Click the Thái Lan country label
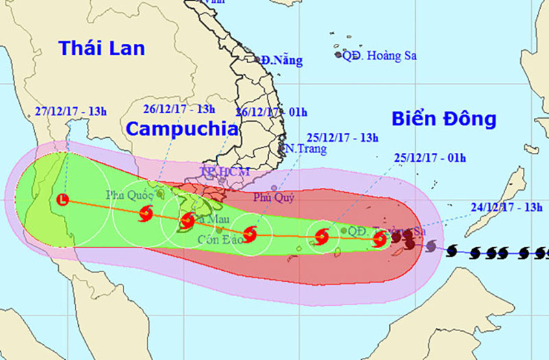coord(102,48)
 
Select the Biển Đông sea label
coord(444,119)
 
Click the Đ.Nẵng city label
coord(281,60)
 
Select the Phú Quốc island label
coord(130,195)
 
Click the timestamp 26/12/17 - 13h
coord(179,108)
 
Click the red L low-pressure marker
coord(63,200)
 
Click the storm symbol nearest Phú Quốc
coord(145,215)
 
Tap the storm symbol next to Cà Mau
coord(187,221)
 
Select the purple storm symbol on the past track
coord(430,245)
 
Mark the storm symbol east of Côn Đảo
coord(250,235)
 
